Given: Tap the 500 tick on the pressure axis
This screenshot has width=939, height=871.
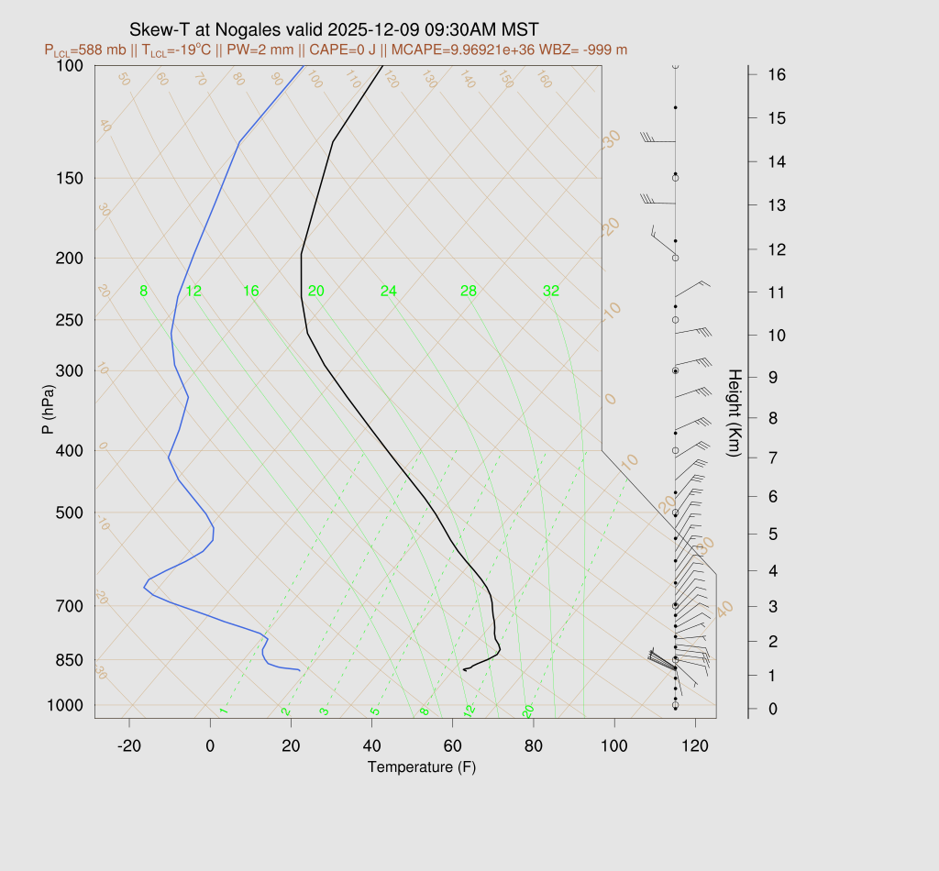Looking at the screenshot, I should [69, 513].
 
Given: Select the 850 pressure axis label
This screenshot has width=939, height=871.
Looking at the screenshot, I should [69, 660].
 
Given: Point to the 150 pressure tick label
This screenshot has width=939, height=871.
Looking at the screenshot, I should [69, 178].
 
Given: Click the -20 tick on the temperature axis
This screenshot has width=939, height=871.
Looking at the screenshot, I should [129, 746].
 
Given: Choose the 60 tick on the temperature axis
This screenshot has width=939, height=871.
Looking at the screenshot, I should [452, 746].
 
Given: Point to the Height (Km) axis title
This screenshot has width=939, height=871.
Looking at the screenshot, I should [734, 415].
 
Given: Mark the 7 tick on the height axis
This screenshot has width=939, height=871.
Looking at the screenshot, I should [773, 458].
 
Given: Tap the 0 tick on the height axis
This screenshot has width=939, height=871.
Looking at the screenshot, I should [773, 709].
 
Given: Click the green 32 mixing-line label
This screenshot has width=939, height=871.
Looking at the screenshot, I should [550, 292].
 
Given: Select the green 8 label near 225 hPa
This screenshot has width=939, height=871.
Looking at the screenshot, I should [143, 292].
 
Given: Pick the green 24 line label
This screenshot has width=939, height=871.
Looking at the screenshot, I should [389, 292].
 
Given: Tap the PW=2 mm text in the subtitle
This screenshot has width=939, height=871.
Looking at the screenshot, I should [294, 50].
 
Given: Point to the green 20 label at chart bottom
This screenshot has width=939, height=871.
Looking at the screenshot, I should [528, 711].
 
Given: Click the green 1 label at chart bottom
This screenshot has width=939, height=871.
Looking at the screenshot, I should [223, 711].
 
